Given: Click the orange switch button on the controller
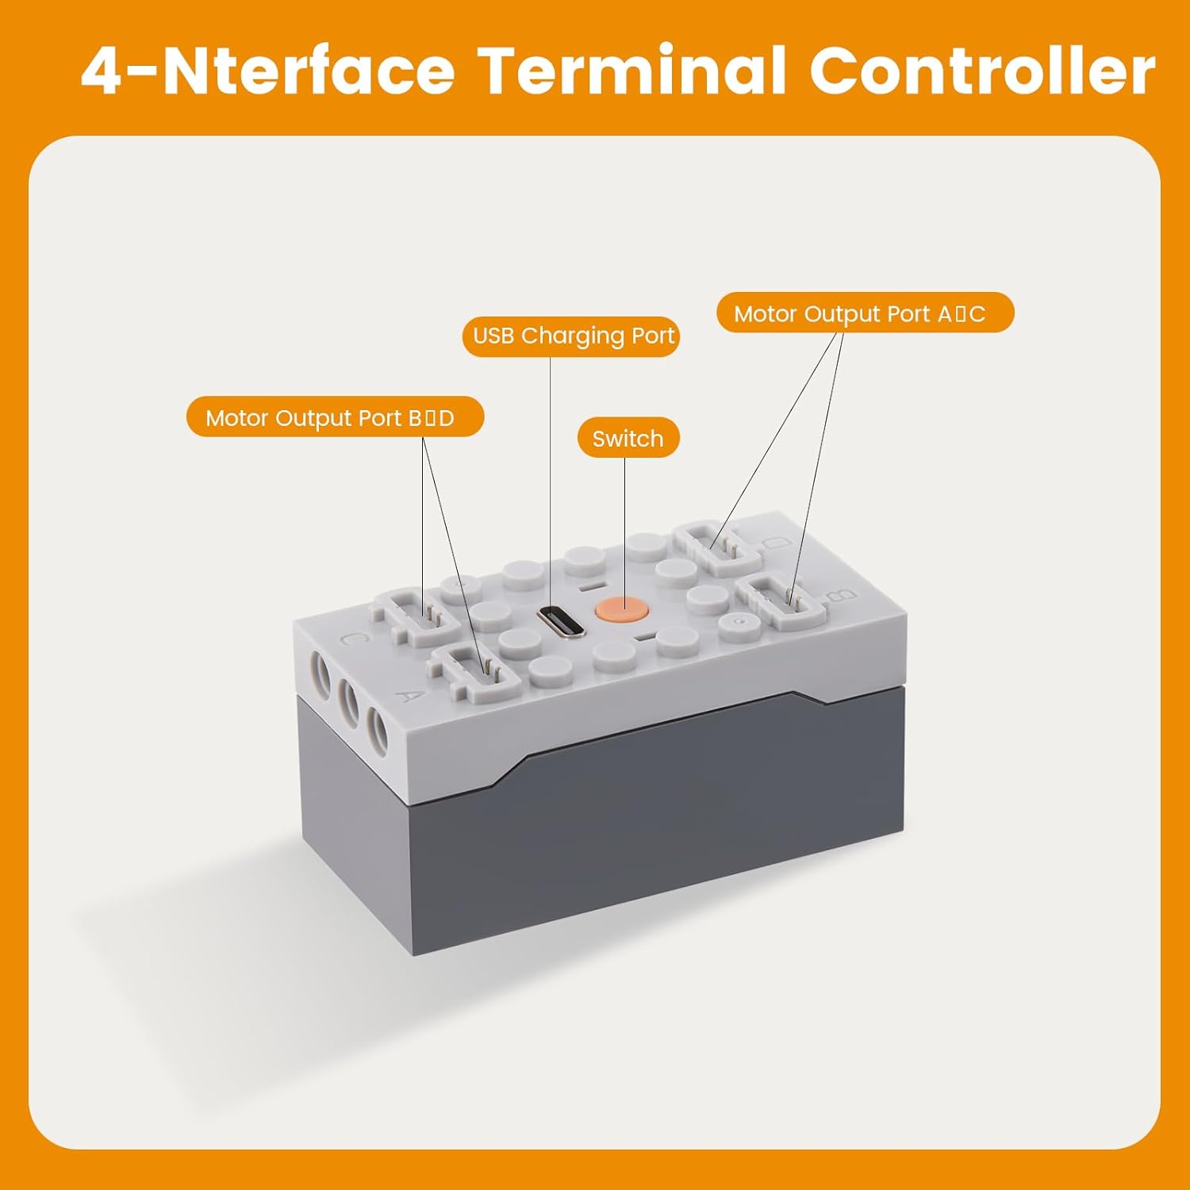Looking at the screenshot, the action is (x=623, y=610).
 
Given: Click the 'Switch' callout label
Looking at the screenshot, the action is (x=628, y=438).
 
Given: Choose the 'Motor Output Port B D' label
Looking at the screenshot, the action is (x=335, y=417).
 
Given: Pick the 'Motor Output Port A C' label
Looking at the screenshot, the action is (x=865, y=313).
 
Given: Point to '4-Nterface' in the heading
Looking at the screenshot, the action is (x=268, y=71).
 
